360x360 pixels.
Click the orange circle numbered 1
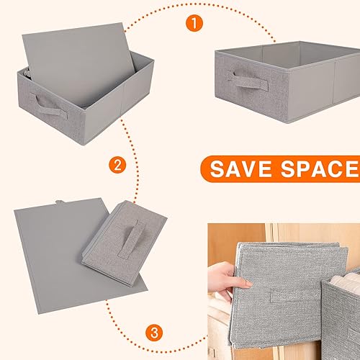(193, 22)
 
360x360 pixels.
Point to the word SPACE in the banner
(322, 169)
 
